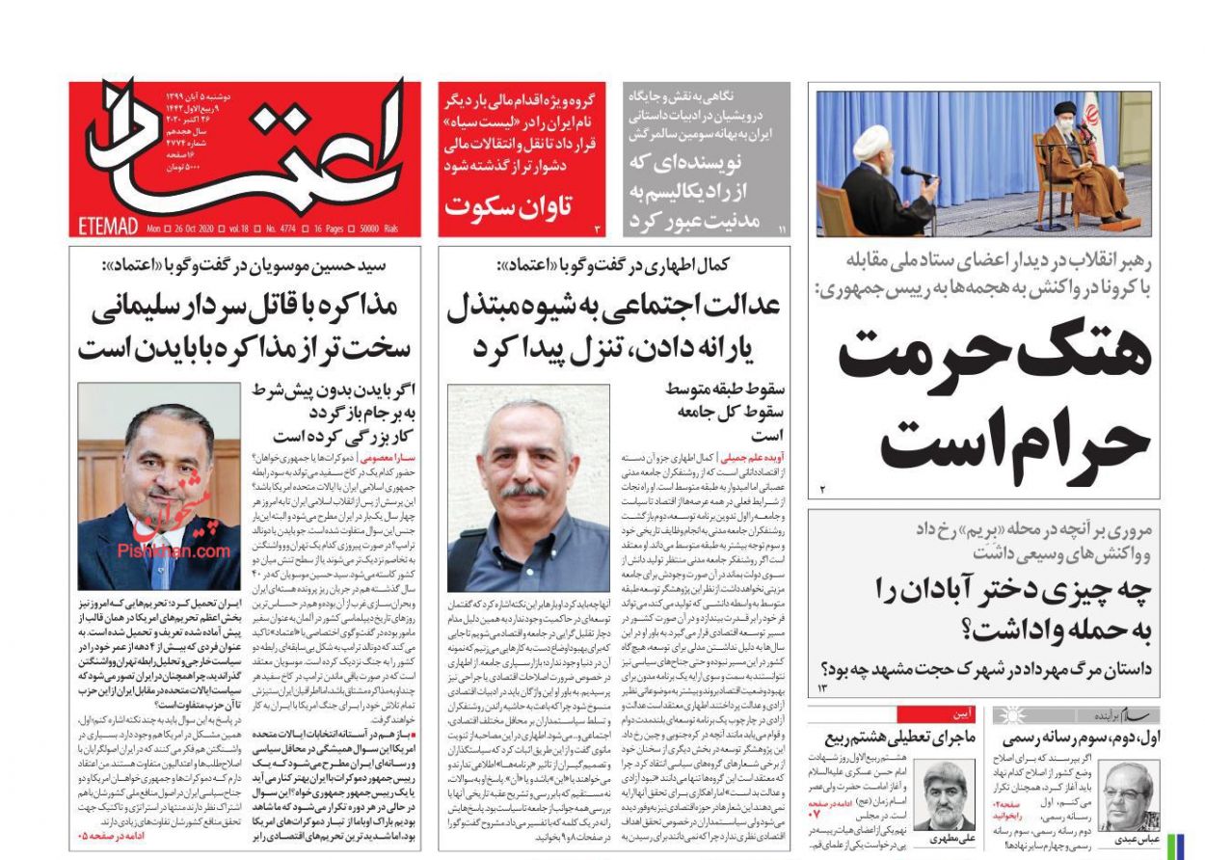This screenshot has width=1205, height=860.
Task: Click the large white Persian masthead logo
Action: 241,154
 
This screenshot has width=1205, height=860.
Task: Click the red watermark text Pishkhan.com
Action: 160,551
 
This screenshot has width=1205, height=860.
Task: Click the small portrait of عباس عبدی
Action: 1128,794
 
